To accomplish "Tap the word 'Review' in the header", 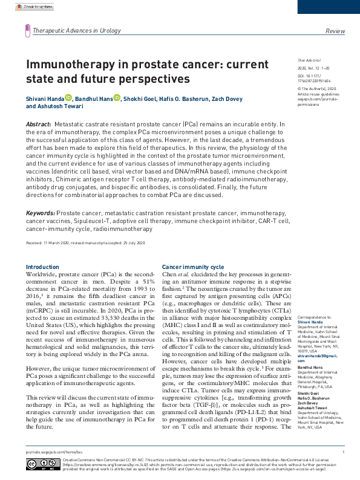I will click(x=335, y=30).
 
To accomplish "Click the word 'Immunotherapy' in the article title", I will click(x=66, y=64).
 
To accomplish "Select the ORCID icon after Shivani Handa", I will click(x=68, y=98).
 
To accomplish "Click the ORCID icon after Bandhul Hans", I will click(x=117, y=98).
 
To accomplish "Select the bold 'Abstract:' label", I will click(x=39, y=123).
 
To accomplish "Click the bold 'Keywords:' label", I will click(x=40, y=214).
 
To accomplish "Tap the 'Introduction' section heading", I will click(x=42, y=267).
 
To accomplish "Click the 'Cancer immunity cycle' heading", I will click(x=193, y=267).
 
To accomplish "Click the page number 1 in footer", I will click(x=343, y=452).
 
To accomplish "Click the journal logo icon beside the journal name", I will click(x=27, y=30).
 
